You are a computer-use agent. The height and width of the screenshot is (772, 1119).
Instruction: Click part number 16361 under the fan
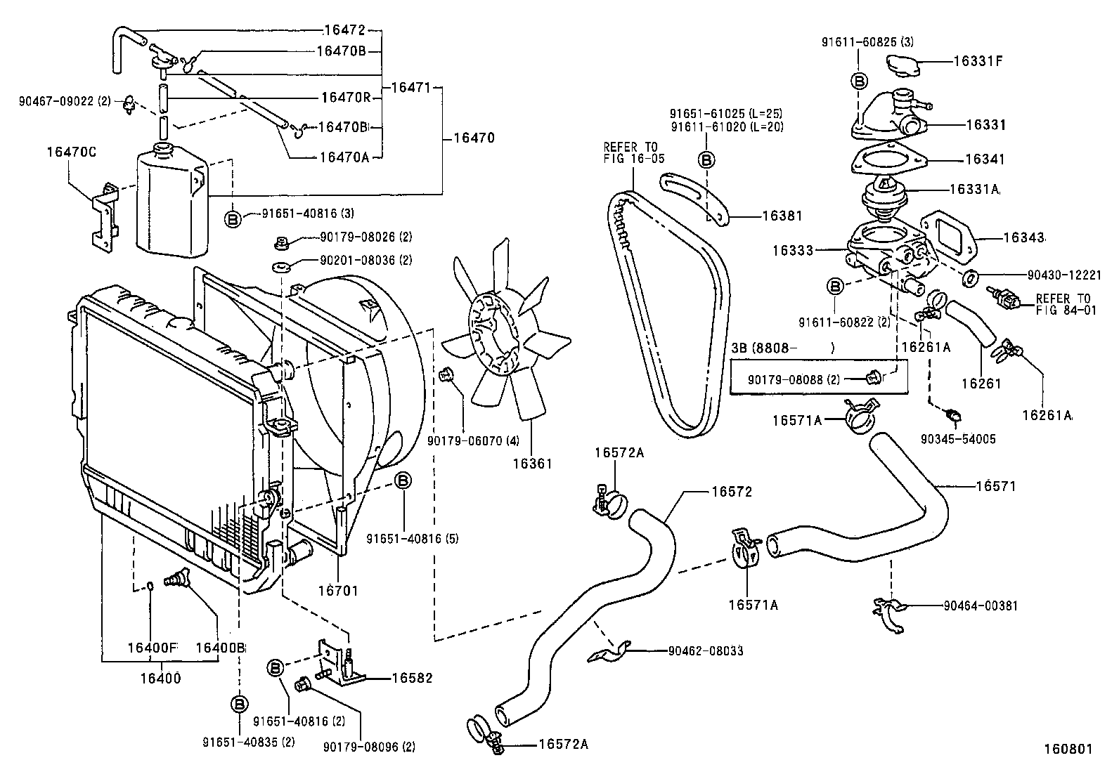(531, 464)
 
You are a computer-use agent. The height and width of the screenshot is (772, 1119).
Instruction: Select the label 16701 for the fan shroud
(338, 591)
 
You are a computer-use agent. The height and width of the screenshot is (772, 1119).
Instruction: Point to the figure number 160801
(1067, 749)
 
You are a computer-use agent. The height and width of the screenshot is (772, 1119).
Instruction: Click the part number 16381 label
(782, 216)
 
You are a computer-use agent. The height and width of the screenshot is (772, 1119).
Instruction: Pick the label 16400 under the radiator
(160, 678)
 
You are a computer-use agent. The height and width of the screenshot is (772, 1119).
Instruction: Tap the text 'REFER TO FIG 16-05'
(633, 152)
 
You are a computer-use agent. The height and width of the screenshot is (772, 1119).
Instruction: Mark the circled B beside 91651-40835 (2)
(240, 703)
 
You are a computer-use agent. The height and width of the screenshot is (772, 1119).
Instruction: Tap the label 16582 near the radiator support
(412, 678)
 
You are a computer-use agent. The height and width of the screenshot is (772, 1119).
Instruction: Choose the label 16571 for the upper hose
(995, 486)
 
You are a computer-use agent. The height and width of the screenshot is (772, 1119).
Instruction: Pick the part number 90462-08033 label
(705, 651)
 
